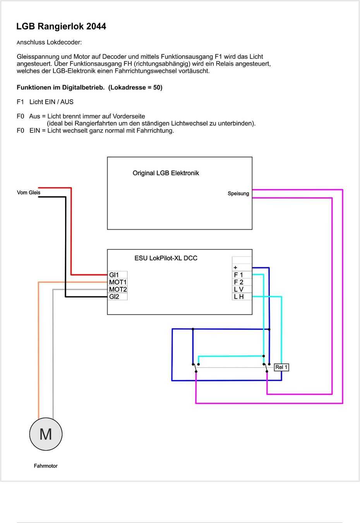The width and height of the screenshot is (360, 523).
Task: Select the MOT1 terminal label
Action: pos(118,282)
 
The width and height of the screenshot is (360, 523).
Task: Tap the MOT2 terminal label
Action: pos(118,289)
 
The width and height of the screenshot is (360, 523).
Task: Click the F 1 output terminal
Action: pos(242,275)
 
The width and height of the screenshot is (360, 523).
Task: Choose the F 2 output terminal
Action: pos(242,282)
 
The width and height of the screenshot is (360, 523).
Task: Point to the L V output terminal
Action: pos(242,289)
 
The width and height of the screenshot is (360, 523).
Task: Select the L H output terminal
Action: pos(242,296)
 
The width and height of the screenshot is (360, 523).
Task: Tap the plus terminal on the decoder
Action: pos(242,268)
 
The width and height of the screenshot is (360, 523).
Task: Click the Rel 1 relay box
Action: pos(281,367)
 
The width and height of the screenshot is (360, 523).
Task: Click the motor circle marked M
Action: pos(46,434)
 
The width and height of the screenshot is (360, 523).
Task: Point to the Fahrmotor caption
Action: pos(46,466)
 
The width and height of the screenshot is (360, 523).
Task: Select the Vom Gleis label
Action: pos(29,193)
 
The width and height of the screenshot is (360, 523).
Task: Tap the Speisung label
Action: pos(238,194)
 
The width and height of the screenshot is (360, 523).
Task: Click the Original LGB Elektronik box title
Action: pos(166,173)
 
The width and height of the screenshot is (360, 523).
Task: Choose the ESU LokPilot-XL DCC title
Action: pos(166,258)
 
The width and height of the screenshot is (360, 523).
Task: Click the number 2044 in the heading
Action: pos(96,26)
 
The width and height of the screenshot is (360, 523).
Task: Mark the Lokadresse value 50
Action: pos(157,87)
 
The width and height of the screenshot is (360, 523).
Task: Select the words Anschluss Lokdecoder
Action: pos(49,42)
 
